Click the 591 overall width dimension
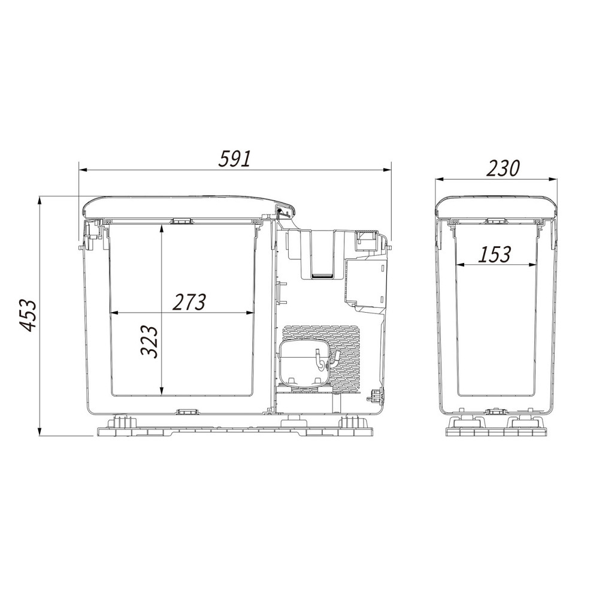click(x=235, y=159)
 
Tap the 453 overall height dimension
click(x=28, y=315)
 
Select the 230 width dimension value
click(x=503, y=168)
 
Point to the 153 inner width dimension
click(x=494, y=255)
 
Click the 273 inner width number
click(x=189, y=302)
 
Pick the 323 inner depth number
click(x=149, y=341)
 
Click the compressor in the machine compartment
click(x=304, y=364)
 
